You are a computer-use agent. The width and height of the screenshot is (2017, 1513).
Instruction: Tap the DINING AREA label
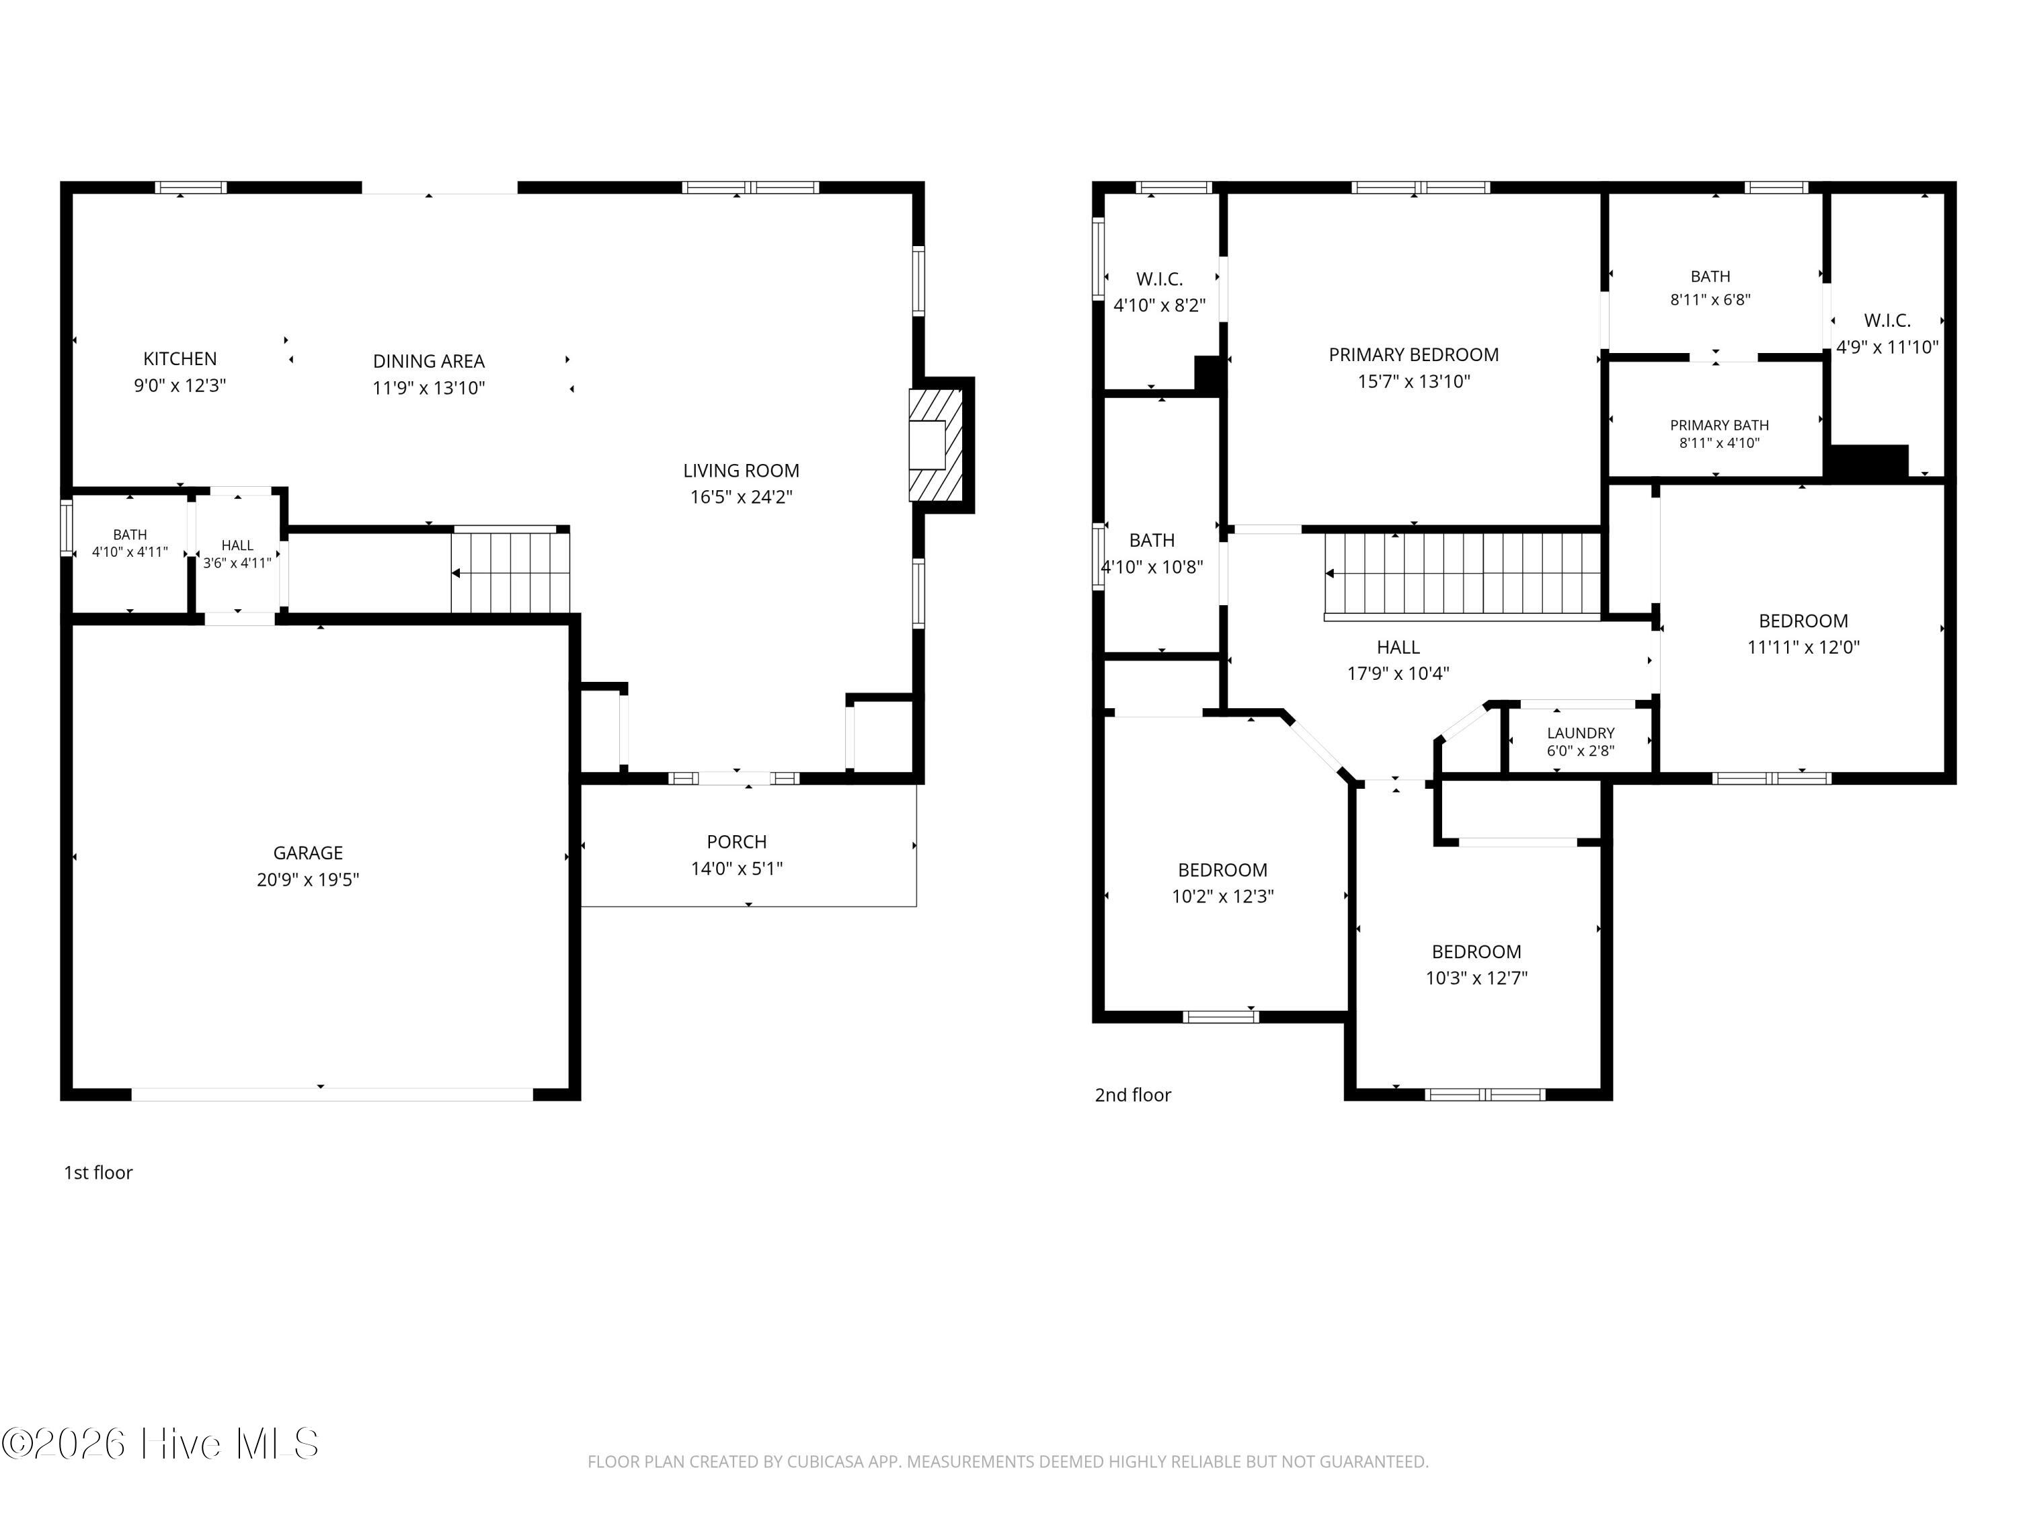428,361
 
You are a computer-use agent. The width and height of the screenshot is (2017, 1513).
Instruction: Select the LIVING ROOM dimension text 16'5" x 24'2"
742,497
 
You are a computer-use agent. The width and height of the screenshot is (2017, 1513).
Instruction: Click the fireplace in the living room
937,445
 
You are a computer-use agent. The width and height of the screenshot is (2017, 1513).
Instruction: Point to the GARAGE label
308,853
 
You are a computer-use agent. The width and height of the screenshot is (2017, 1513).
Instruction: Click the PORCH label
737,842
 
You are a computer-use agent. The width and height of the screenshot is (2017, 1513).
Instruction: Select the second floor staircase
1462,574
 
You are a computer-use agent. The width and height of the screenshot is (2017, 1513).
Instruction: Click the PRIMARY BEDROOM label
1413,355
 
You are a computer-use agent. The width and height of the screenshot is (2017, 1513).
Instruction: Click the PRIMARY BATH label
1719,425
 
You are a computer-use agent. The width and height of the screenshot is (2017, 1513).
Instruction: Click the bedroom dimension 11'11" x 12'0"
1803,648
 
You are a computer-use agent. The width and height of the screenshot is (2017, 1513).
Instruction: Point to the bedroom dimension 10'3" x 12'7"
1476,978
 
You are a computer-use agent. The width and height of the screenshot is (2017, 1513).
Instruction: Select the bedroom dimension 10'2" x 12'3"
1222,896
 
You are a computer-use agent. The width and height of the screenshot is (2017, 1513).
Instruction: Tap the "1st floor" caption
97,1173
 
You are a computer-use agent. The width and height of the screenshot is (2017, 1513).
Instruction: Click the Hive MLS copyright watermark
161,1444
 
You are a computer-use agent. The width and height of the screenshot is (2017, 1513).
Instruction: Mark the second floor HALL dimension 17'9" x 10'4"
1398,674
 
